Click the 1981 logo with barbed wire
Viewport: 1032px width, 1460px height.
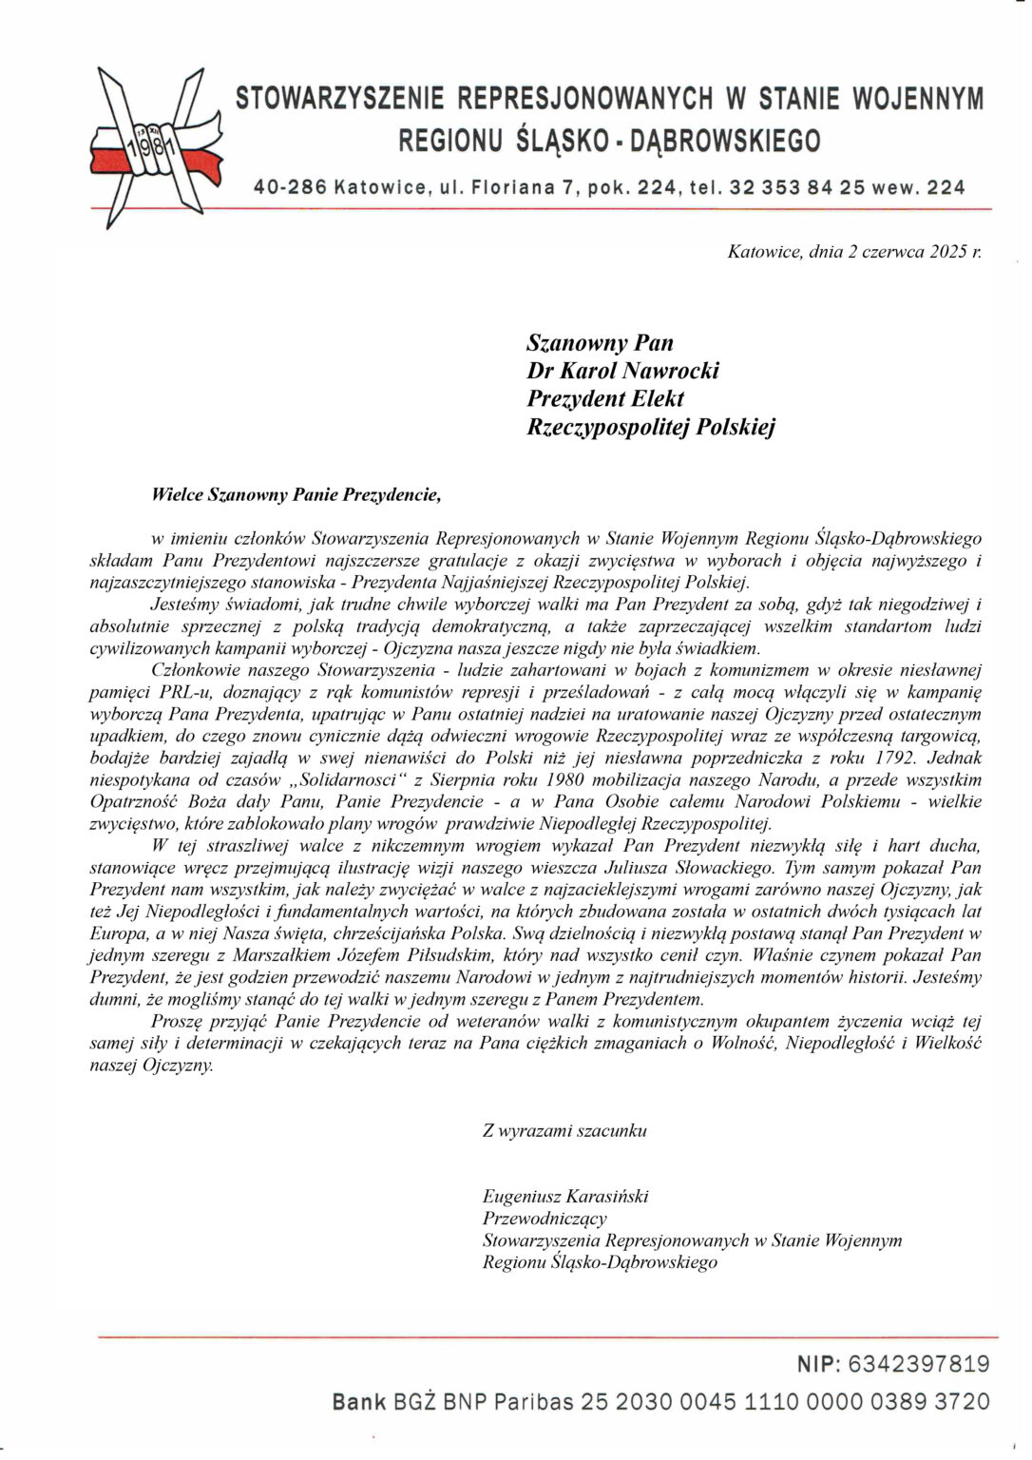click(157, 147)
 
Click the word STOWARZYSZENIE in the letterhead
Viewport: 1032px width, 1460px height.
click(339, 99)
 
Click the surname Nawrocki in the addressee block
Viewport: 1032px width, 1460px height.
click(670, 371)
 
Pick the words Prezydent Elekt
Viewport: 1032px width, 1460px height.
click(605, 398)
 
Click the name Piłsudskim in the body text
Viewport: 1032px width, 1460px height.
click(469, 954)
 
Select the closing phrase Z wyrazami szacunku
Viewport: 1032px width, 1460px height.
click(564, 1130)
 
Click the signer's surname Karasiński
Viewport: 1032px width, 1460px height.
click(607, 1196)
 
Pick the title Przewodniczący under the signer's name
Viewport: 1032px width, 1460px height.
click(545, 1218)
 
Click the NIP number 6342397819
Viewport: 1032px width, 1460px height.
click(918, 1365)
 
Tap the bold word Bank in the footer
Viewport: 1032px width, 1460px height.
click(359, 1401)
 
